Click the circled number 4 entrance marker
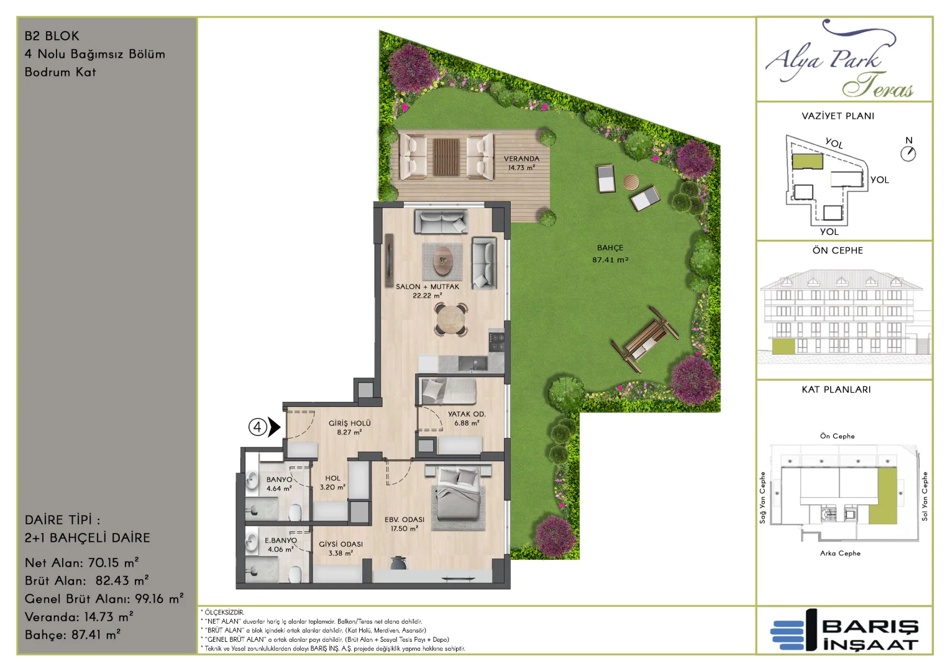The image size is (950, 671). point(257,427)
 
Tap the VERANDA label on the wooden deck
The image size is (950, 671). point(521,158)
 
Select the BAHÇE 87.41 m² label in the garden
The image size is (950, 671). point(610,253)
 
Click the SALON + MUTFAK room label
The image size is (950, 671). point(427,286)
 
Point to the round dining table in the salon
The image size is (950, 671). point(451,319)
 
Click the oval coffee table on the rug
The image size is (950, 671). point(443,261)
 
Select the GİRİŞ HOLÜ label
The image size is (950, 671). point(349,423)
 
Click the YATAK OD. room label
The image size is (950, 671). point(467,414)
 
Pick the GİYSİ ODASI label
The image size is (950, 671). point(340,544)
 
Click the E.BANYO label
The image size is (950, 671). point(281,541)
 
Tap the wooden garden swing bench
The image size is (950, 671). point(645,339)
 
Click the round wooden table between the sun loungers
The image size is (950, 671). point(631,182)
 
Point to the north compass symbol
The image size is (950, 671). point(908,153)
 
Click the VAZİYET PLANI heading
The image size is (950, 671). point(838,116)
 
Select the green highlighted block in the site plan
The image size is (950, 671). point(808,162)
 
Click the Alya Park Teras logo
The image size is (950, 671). point(838,59)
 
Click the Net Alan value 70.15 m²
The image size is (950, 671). point(113,563)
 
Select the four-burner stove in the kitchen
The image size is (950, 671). point(496,342)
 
